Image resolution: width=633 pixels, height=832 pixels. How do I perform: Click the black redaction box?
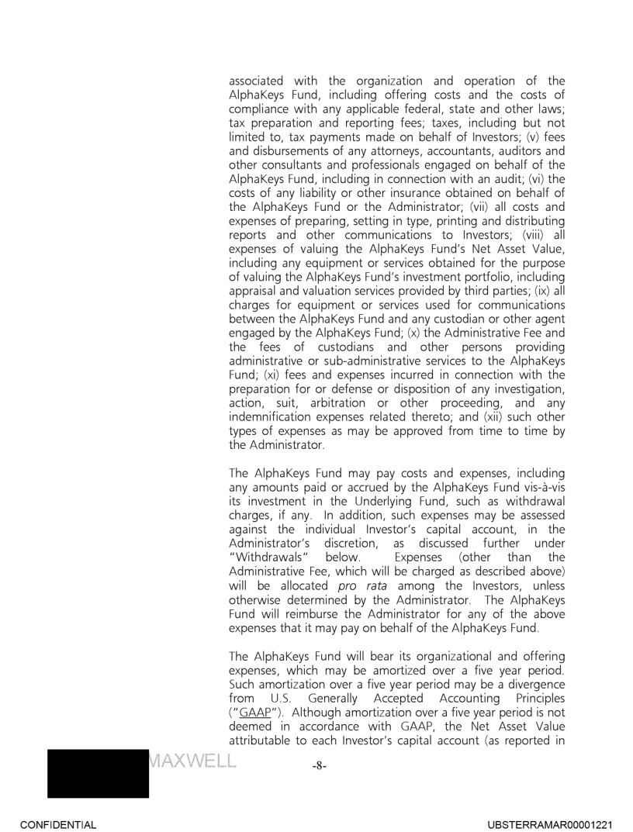click(75, 765)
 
